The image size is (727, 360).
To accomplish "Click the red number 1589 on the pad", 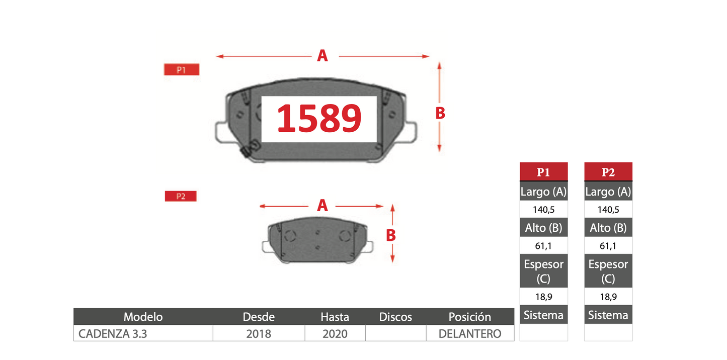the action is click(319, 118).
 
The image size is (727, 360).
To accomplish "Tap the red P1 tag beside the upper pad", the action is click(182, 69).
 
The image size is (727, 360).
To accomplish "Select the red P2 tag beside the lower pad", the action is click(181, 196).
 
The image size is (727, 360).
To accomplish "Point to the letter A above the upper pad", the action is click(322, 56).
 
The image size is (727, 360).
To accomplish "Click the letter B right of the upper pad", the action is click(440, 113).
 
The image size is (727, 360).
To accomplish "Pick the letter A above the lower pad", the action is click(322, 205).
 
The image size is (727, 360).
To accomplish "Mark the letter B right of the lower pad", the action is click(391, 235).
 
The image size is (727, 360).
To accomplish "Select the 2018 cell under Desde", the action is click(259, 334).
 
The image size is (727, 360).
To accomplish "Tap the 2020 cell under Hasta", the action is click(335, 334).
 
